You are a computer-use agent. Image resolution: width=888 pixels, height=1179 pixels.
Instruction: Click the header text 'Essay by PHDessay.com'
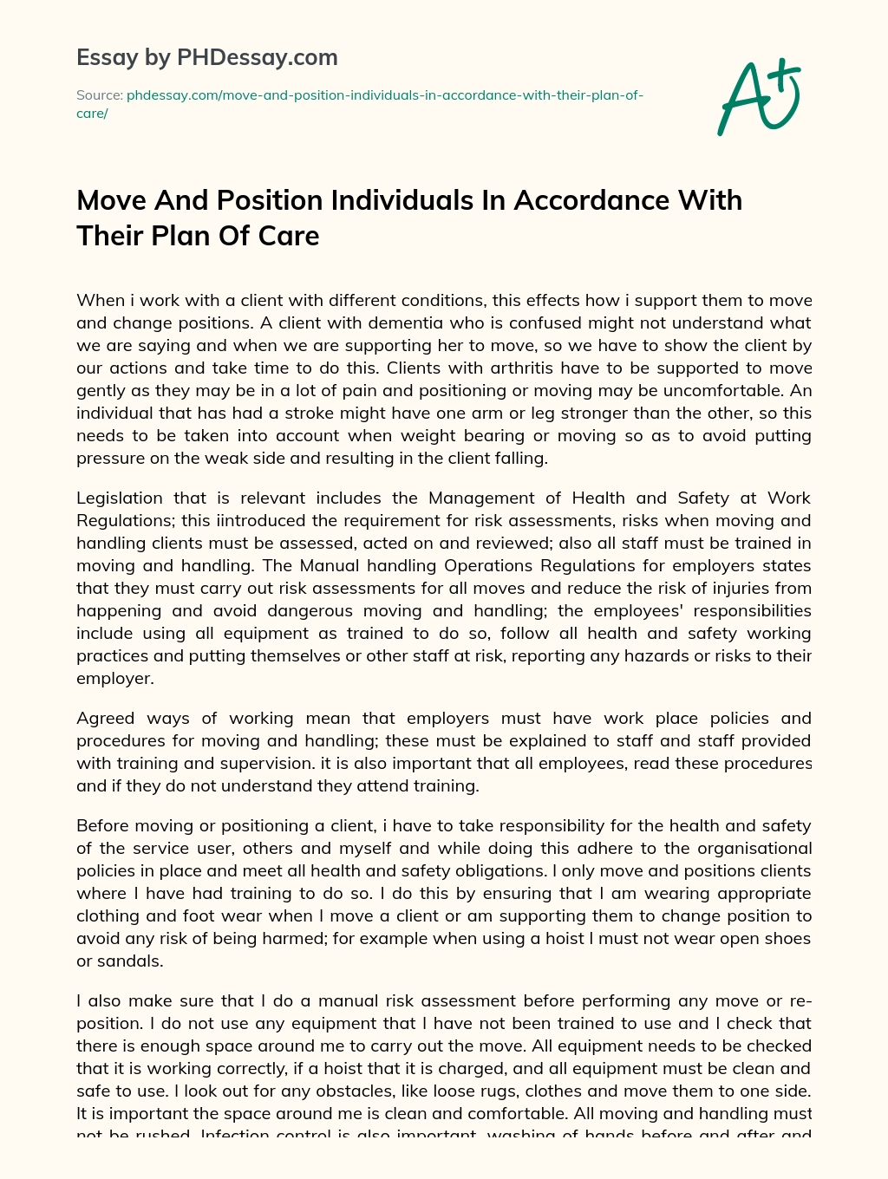(206, 58)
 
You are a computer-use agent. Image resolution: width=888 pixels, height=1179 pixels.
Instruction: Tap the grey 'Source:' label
(99, 95)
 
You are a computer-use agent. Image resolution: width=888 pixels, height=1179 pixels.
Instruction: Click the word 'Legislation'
(120, 498)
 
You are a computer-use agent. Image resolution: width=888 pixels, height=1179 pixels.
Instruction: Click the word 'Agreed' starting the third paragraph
(104, 719)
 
